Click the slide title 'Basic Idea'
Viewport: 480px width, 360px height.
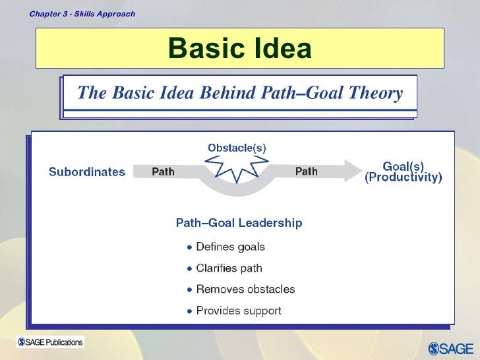pos(239,48)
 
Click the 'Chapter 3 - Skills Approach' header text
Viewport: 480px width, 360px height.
pos(82,14)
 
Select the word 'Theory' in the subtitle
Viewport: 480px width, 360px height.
pos(375,94)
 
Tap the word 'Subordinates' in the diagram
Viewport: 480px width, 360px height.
pos(87,172)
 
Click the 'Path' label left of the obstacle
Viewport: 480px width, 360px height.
pos(164,171)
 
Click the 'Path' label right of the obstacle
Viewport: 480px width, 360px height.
pos(306,171)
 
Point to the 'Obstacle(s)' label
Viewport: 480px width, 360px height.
pos(237,148)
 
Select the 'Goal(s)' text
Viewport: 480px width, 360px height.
pos(404,166)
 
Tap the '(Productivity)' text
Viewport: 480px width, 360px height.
pos(404,178)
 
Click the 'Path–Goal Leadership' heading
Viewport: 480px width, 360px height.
pos(239,223)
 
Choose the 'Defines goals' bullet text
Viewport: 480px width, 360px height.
pos(231,247)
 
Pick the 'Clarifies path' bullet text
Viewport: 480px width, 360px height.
pos(229,268)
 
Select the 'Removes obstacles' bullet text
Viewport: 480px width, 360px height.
pos(245,289)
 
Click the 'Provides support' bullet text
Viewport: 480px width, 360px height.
pos(239,311)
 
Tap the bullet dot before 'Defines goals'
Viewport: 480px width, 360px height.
pos(190,248)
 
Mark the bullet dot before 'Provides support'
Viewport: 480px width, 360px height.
pos(190,311)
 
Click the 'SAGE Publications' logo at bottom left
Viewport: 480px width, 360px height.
pos(51,342)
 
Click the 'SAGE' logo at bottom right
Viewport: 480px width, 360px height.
pos(452,348)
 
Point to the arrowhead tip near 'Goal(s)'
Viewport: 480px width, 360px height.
pos(362,171)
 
